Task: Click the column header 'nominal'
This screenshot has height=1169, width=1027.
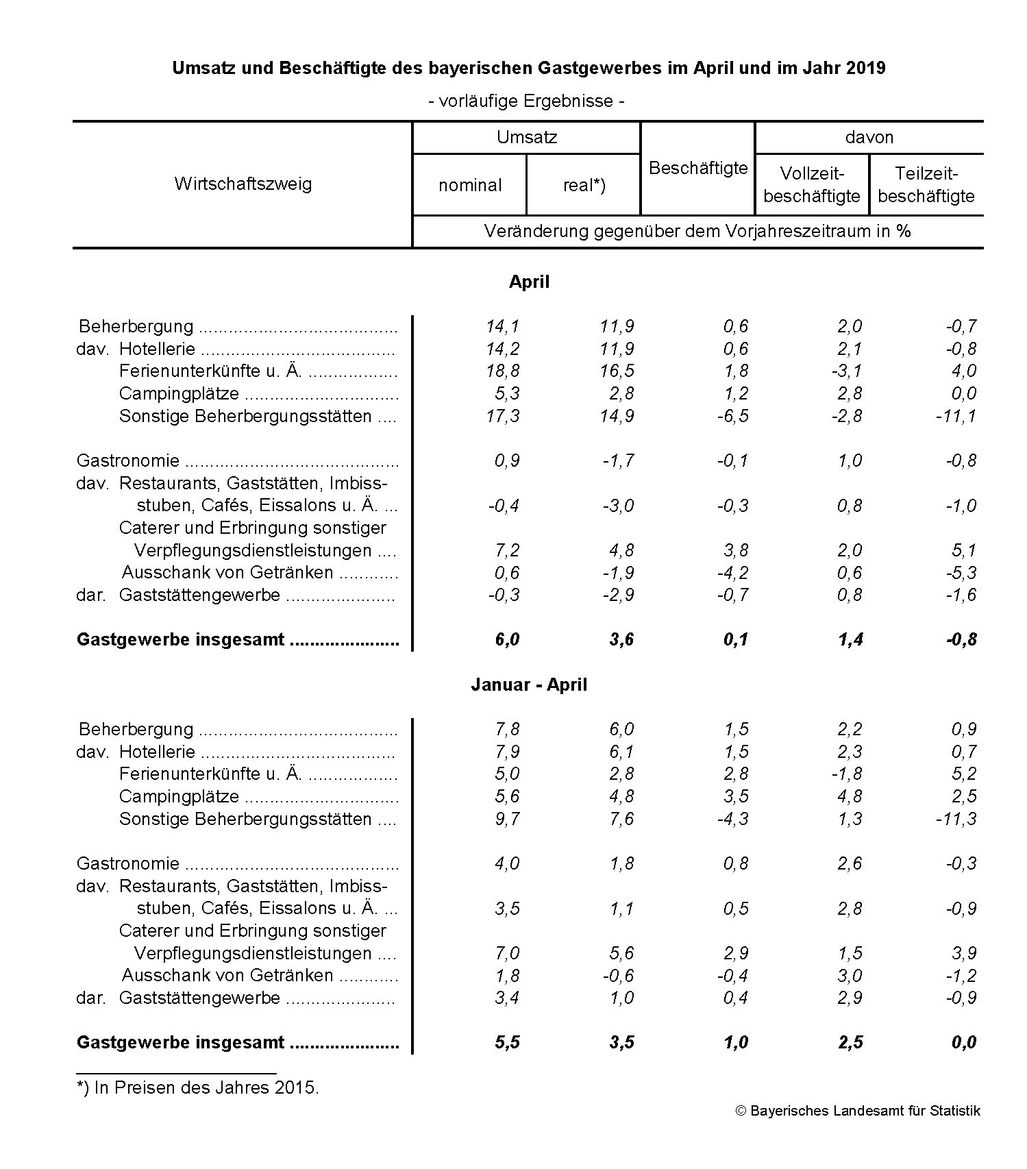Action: (470, 185)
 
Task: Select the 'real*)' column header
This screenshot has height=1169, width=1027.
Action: (584, 185)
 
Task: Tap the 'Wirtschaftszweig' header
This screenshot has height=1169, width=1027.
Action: (243, 184)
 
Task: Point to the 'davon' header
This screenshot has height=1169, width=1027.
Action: (869, 137)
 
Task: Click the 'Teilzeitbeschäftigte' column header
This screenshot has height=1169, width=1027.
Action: (926, 185)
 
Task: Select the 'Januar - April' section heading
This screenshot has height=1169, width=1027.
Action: (529, 685)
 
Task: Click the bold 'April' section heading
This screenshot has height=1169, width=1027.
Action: (529, 282)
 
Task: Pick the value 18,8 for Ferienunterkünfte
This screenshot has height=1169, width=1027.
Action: (503, 371)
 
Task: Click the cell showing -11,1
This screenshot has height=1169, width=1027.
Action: (956, 416)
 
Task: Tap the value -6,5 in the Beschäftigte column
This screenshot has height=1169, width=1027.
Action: (732, 416)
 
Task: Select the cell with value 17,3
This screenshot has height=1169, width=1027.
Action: (503, 416)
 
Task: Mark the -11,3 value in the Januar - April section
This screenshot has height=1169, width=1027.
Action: (956, 819)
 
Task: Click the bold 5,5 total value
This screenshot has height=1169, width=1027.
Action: (507, 1042)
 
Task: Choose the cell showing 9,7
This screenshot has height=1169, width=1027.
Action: (507, 819)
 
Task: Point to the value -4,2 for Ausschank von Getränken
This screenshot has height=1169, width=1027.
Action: (732, 572)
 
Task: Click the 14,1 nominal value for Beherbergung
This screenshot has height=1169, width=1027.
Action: (503, 326)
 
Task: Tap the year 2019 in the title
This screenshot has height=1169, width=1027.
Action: (865, 69)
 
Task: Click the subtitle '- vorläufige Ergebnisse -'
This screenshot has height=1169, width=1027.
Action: (526, 101)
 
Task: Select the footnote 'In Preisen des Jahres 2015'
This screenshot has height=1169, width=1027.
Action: (206, 1087)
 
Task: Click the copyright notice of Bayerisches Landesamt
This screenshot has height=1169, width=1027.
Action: (858, 1111)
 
